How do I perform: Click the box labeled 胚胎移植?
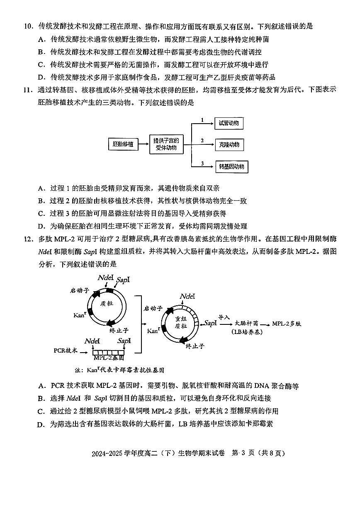(x=123, y=144)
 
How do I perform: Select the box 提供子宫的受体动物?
(x=166, y=144)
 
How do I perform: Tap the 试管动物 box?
(x=229, y=123)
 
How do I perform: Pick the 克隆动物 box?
(x=229, y=145)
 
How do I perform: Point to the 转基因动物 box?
(x=231, y=167)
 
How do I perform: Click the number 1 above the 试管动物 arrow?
(x=202, y=120)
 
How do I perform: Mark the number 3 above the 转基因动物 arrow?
(x=202, y=163)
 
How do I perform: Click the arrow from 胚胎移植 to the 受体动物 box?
(x=143, y=144)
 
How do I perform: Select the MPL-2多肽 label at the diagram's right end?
(x=287, y=323)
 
